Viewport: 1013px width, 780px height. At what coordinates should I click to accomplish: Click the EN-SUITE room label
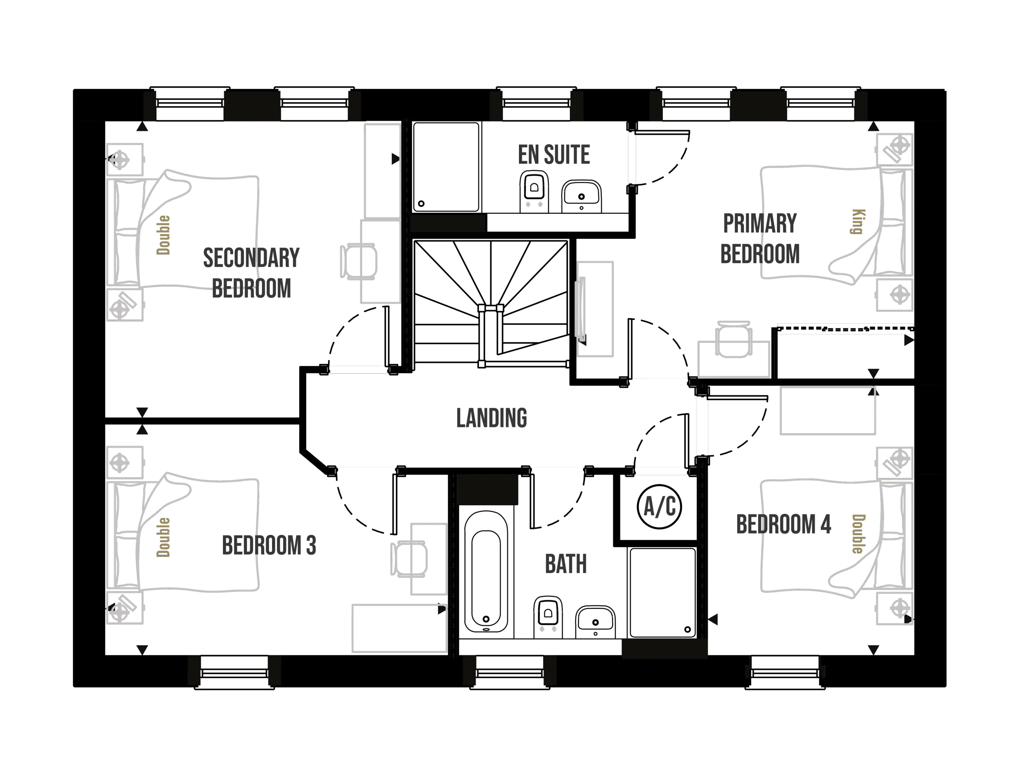(554, 154)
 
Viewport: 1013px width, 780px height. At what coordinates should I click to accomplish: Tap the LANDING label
(491, 416)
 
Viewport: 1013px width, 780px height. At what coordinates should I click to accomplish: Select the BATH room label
(566, 563)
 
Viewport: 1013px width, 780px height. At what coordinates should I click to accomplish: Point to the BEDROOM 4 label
(783, 524)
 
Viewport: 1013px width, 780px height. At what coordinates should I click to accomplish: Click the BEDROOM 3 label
(269, 545)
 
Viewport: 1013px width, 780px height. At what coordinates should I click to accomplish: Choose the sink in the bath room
(595, 621)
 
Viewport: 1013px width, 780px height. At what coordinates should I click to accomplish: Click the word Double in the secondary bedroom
(163, 235)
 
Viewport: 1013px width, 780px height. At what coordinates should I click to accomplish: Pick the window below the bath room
(509, 673)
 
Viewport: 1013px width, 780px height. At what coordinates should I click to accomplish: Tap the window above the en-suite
(536, 103)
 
